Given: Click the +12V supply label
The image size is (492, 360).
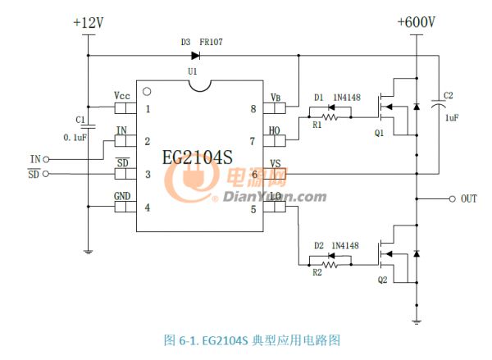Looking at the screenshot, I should [88, 24].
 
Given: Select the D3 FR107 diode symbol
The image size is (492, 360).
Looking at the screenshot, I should [196, 57].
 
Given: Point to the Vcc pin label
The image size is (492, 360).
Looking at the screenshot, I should [124, 95].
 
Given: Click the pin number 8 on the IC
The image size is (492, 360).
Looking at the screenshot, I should [253, 108].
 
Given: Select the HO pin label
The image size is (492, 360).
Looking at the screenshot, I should [275, 129].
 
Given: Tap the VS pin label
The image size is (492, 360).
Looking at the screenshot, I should [276, 162].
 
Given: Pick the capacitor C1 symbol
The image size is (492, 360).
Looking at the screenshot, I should [88, 125].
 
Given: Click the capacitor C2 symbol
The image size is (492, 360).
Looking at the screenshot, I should [441, 105].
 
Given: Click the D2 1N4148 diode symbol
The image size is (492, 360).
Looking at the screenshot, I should [333, 253].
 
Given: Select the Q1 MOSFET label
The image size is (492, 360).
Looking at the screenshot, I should [378, 134].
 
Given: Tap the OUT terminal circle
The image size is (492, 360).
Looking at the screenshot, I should [452, 199].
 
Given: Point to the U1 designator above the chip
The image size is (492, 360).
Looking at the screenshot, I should [193, 72].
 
